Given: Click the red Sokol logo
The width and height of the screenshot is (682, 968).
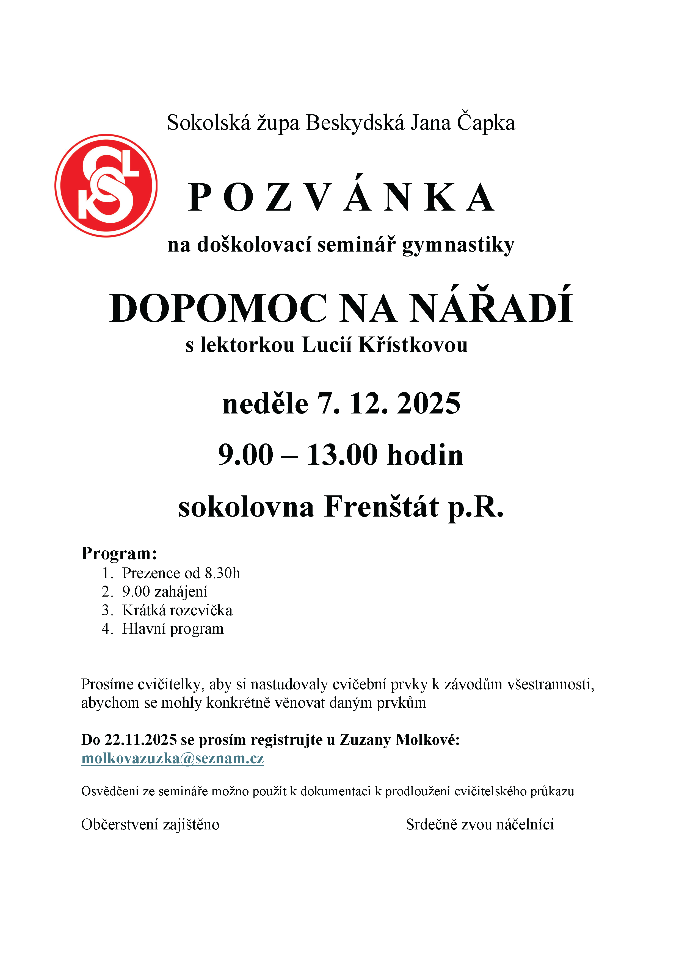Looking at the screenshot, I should (x=106, y=186).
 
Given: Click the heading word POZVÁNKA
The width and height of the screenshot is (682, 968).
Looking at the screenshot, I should (x=341, y=197).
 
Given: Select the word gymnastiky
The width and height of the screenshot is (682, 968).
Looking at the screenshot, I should (x=458, y=246).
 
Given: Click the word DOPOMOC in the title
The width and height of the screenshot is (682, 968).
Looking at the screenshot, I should (x=218, y=309).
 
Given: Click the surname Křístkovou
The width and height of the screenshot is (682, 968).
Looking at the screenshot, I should (x=413, y=345).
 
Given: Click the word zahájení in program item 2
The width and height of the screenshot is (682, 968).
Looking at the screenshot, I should (x=181, y=592).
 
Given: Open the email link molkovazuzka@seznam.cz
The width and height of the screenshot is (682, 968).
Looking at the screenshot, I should (x=172, y=759).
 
